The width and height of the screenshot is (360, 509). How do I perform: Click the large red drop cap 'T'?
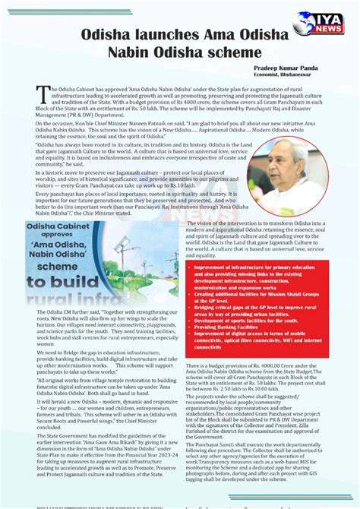(x=41, y=93)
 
